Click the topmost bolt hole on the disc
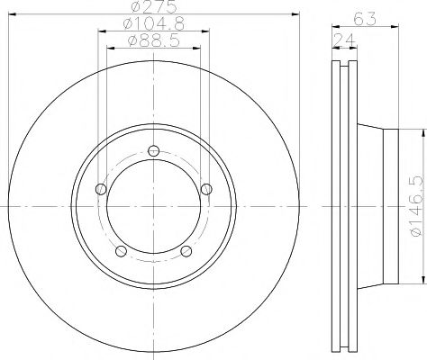(x=153, y=149)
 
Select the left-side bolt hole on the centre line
(x=101, y=189)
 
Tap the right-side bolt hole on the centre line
(x=206, y=188)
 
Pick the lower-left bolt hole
(x=121, y=250)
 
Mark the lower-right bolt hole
(x=186, y=250)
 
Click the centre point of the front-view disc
(x=153, y=205)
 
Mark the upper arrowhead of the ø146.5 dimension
(x=420, y=131)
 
